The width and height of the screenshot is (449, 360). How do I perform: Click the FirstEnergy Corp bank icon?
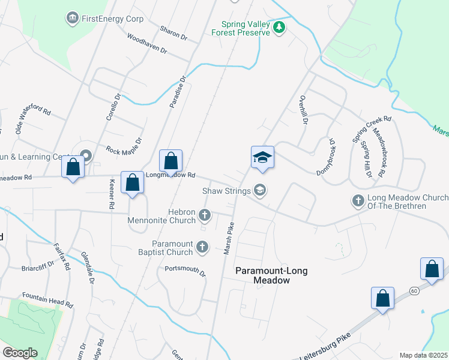point(73,19)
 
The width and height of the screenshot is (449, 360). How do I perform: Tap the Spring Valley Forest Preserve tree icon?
point(279,28)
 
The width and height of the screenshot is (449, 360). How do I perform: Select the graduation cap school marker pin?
point(262,158)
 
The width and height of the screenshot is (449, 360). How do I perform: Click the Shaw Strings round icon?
point(260,190)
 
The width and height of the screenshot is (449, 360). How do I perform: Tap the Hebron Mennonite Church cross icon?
point(205,215)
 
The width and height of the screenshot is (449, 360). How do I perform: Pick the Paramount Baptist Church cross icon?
point(202,247)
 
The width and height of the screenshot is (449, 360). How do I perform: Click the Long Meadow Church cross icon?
point(358,200)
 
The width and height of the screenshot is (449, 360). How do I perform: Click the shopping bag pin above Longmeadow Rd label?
point(170,161)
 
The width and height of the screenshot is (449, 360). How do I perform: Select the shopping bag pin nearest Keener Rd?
point(132,183)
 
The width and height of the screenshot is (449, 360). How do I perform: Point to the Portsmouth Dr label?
point(185,271)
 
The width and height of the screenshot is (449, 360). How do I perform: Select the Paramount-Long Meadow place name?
point(271,275)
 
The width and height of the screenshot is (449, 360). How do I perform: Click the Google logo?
point(20,353)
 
